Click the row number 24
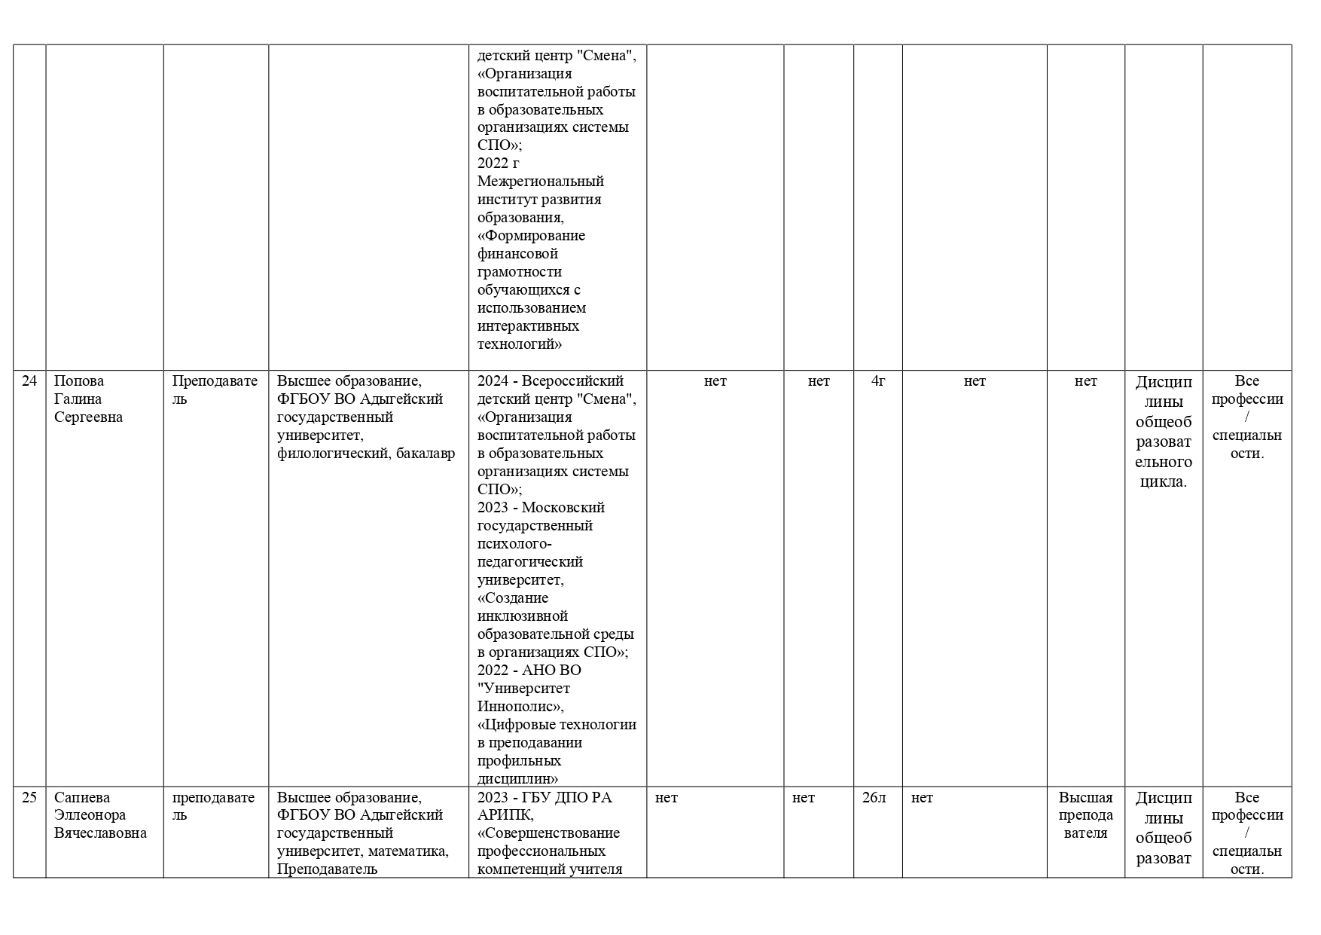[29, 381]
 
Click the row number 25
[29, 798]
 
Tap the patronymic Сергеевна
[88, 417]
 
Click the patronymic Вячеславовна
[100, 833]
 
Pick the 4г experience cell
[877, 381]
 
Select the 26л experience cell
[874, 798]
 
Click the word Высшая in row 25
[1085, 798]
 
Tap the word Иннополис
[519, 707]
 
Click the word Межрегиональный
[540, 182]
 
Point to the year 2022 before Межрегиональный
[493, 163]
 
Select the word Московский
[563, 508]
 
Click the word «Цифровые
[520, 725]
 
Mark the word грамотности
[520, 272]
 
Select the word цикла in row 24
[1163, 482]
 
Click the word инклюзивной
[522, 616]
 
